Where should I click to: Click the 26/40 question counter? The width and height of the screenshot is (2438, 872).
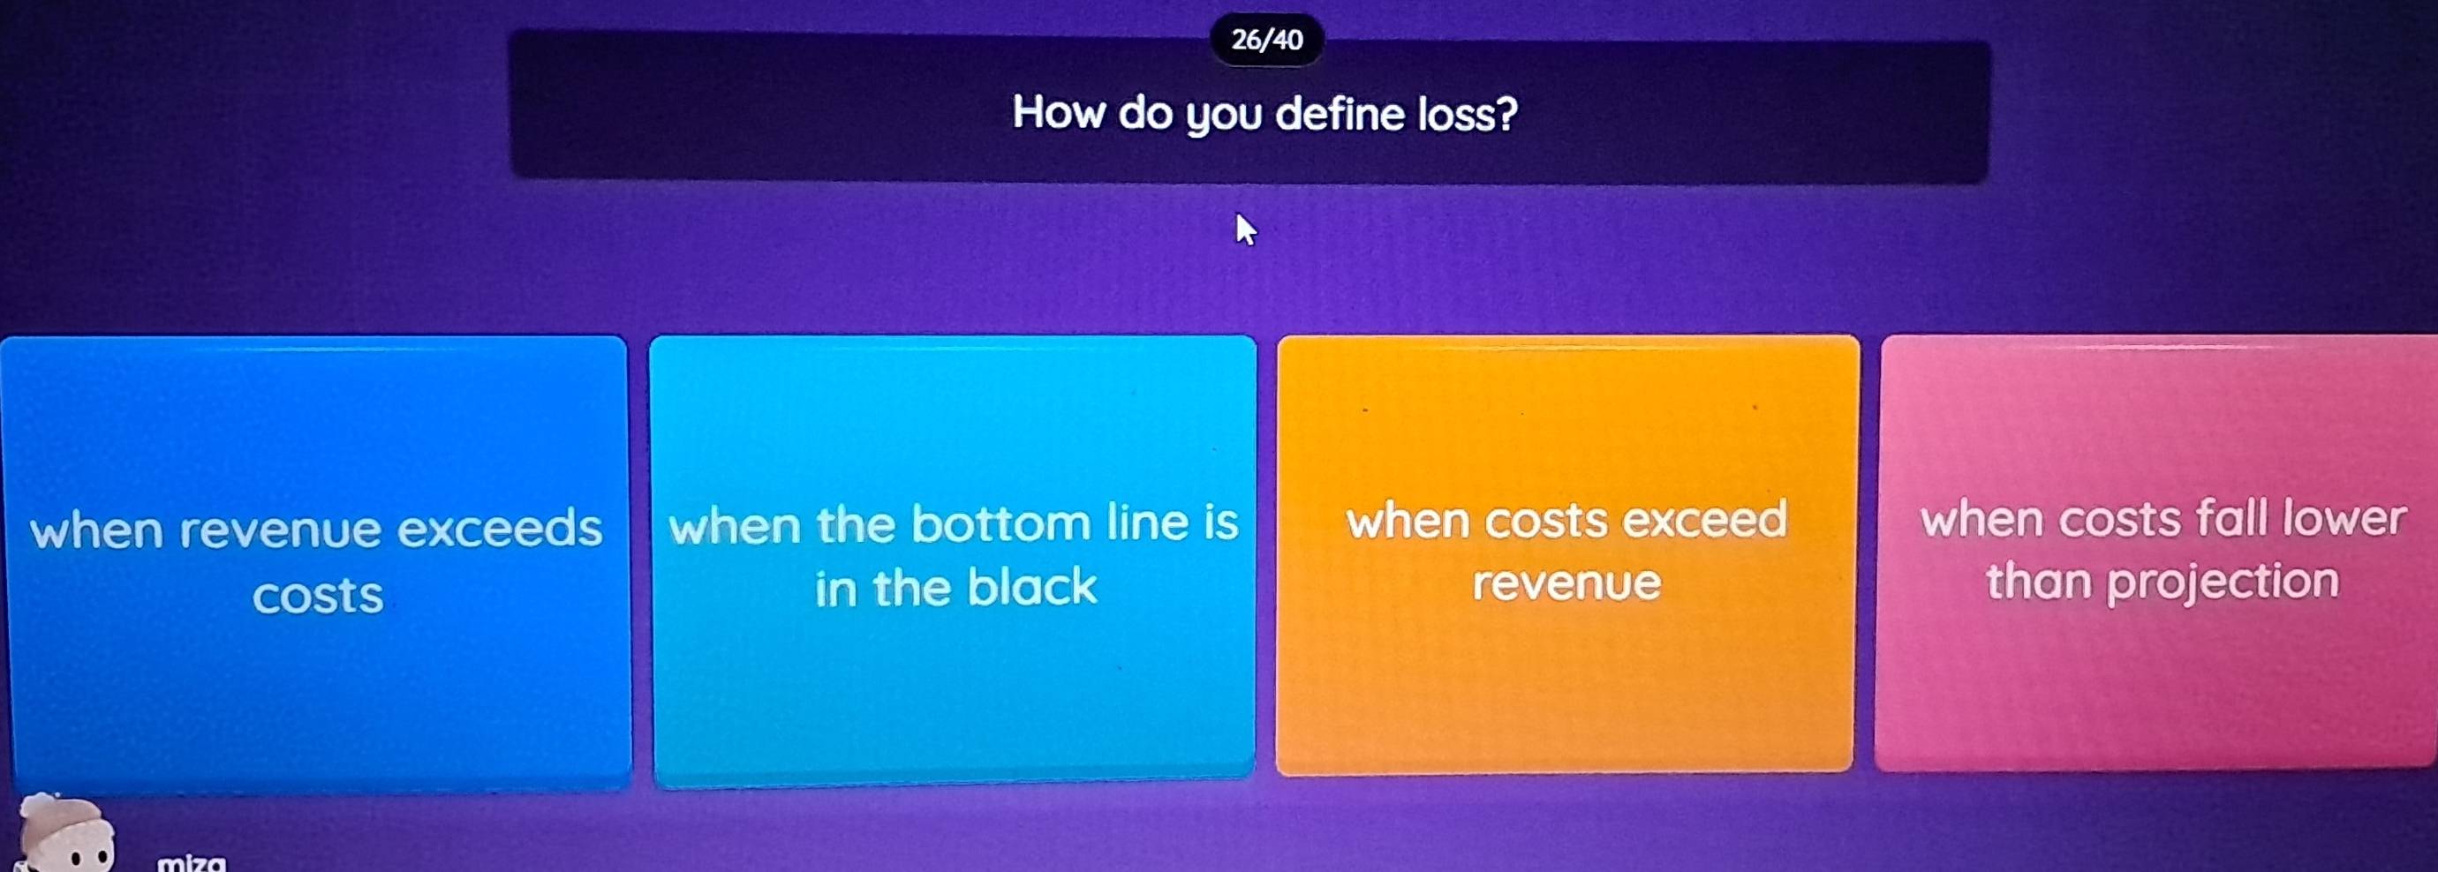click(x=1267, y=40)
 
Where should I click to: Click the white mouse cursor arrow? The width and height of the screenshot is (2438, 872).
click(x=1246, y=229)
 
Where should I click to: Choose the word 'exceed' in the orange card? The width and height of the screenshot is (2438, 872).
click(x=1704, y=519)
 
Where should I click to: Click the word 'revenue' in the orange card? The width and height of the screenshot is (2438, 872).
click(x=1566, y=583)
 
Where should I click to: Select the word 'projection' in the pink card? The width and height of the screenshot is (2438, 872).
click(x=2223, y=581)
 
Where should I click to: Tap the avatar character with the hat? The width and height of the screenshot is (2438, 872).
click(x=66, y=833)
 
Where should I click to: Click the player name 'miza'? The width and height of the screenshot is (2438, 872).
click(x=192, y=862)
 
